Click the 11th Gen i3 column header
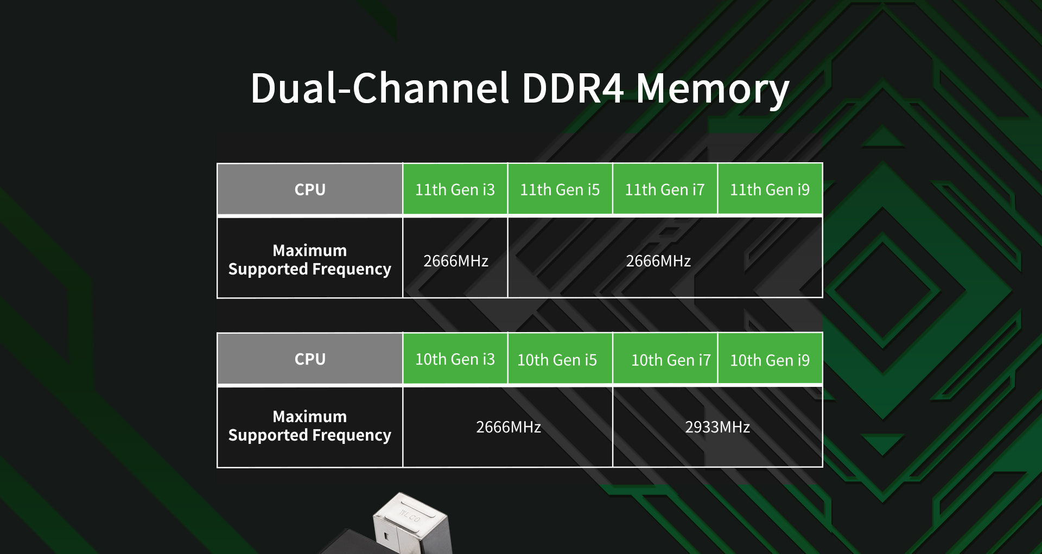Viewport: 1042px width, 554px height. click(x=455, y=189)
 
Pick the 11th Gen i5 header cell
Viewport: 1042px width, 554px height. click(x=560, y=189)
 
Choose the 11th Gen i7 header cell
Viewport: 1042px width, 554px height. click(x=664, y=189)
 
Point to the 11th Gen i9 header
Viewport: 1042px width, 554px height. click(x=770, y=189)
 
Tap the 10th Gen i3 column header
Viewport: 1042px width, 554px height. click(x=455, y=359)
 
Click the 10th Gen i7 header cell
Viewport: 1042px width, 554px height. click(x=670, y=360)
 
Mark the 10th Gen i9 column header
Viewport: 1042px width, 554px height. click(x=770, y=360)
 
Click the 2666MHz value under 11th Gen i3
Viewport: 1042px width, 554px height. click(x=455, y=261)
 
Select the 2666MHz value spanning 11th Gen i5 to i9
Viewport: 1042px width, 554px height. click(x=658, y=261)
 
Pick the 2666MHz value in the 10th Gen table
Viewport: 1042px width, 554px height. click(x=508, y=427)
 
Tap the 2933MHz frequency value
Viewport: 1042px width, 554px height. click(x=717, y=427)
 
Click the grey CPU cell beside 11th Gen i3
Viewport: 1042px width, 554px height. click(x=310, y=189)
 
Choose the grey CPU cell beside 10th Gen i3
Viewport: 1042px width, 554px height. click(x=310, y=359)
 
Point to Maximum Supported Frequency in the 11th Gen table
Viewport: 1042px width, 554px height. click(x=310, y=259)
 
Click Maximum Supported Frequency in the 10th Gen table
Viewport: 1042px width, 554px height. click(x=310, y=425)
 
